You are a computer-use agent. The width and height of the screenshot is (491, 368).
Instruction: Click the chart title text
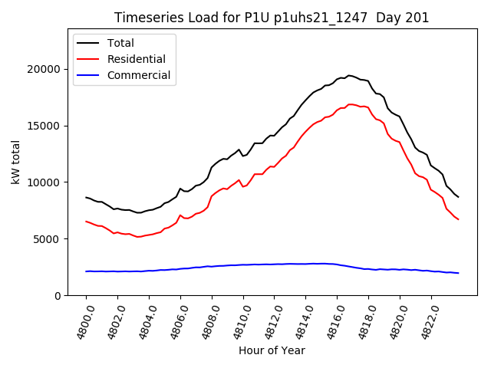coord(272,18)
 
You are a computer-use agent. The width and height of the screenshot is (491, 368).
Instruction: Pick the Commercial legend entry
coord(138,75)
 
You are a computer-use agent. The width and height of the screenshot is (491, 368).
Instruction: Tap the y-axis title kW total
coord(15,162)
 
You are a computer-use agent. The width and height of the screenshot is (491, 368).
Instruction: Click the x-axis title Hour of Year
coord(272,350)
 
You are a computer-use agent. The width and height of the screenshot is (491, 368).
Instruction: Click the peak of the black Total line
coord(349,75)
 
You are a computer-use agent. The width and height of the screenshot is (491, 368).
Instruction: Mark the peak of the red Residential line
coord(351,104)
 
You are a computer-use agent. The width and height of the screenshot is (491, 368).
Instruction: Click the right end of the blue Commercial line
coord(458,273)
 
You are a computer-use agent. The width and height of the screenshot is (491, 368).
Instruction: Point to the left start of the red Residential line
coord(86,221)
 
